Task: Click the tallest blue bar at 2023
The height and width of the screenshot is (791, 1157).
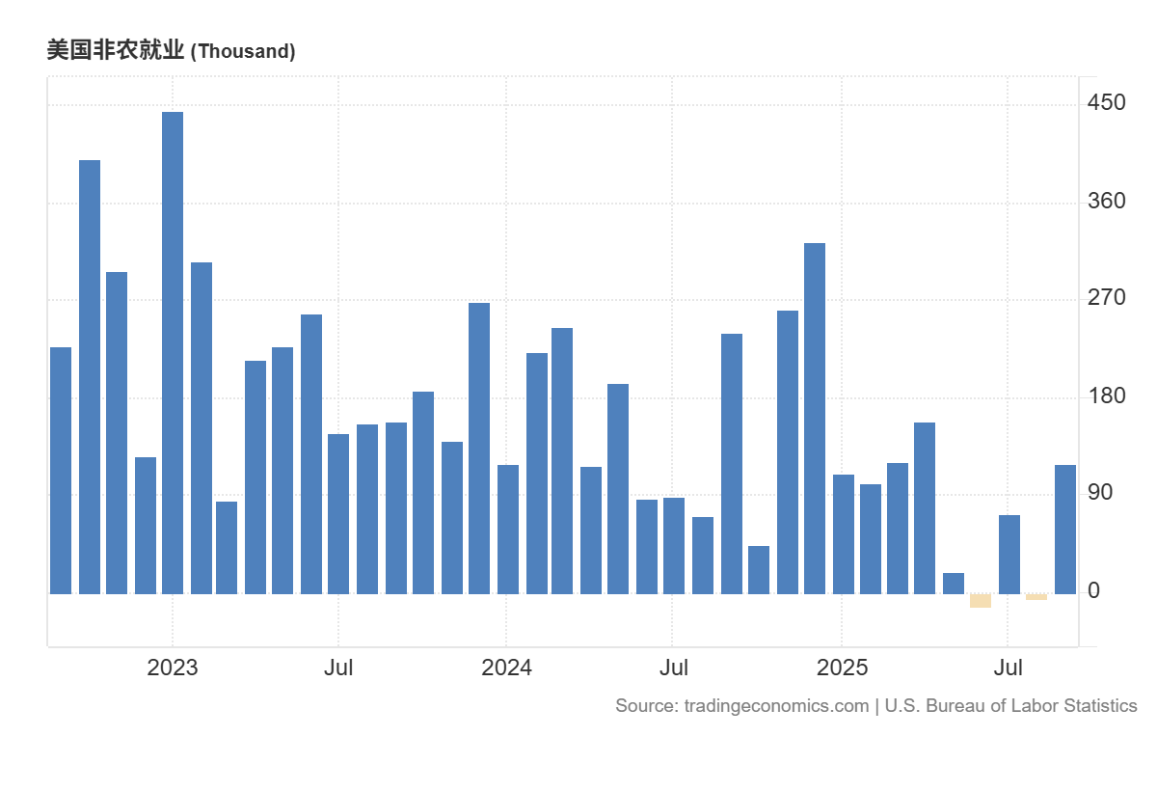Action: [x=173, y=352]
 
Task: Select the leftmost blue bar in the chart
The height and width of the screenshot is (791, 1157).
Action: [x=61, y=470]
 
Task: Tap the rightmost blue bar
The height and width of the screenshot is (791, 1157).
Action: [x=1065, y=529]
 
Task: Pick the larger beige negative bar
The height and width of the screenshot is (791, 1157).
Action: [x=981, y=601]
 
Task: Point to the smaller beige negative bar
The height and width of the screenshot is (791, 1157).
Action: [x=1036, y=597]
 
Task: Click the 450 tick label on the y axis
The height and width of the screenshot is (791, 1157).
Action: [x=1106, y=102]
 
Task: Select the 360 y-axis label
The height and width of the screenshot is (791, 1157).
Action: [x=1106, y=201]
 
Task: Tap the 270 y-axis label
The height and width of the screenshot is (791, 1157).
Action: [x=1106, y=298]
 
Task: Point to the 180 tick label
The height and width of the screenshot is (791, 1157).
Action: [x=1106, y=396]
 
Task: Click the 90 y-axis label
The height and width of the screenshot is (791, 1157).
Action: [x=1099, y=493]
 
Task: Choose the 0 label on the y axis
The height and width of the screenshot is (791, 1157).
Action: [x=1093, y=590]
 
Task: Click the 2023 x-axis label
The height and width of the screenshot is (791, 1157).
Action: [x=173, y=668]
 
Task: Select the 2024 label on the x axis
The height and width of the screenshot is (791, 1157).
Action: [x=506, y=668]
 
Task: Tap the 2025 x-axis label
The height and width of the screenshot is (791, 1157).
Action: [x=842, y=668]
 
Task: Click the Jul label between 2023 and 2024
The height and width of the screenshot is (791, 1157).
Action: [x=338, y=668]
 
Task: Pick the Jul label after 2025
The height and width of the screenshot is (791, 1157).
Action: [x=1009, y=668]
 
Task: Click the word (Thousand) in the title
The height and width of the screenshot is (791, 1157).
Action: [x=243, y=52]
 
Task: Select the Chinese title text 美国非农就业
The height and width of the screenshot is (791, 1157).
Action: [x=115, y=51]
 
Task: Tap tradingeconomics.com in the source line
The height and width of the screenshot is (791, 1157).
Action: [x=776, y=706]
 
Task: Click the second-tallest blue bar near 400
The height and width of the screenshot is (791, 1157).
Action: [x=90, y=376]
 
